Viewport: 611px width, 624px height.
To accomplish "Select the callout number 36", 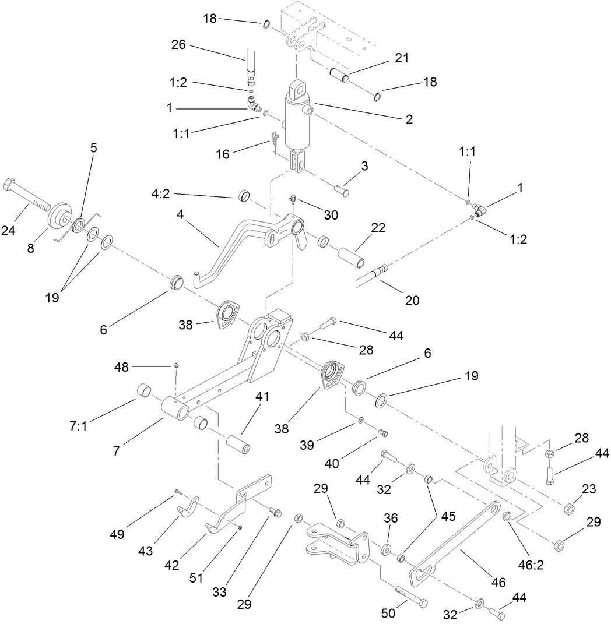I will [x=391, y=517].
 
